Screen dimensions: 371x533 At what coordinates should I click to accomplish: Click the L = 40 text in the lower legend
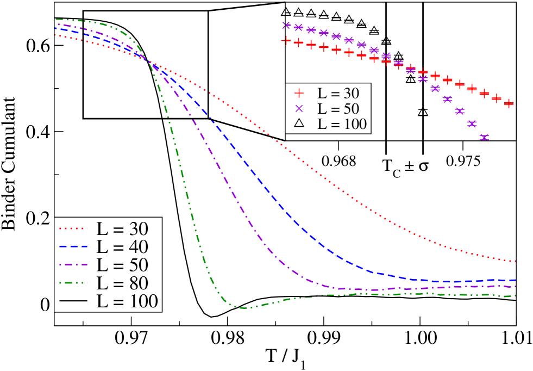[122, 246]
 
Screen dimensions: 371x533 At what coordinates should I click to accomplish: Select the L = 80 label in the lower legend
[122, 283]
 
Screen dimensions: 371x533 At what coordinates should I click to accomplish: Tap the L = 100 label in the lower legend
[127, 301]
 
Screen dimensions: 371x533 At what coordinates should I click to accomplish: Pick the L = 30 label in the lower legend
[122, 228]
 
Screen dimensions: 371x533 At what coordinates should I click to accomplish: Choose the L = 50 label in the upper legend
[338, 108]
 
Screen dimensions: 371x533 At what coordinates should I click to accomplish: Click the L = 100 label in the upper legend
[342, 124]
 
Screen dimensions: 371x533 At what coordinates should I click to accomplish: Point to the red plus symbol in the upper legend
[298, 92]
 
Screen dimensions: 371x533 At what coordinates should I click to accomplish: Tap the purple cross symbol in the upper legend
[298, 108]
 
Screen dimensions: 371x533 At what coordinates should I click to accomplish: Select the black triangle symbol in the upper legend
[298, 123]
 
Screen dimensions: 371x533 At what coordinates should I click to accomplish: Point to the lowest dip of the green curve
[243, 308]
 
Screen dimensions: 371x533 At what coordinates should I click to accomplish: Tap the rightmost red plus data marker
[509, 103]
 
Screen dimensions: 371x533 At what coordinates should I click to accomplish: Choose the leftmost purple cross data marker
[286, 25]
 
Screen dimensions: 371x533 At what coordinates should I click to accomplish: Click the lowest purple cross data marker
[484, 137]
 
